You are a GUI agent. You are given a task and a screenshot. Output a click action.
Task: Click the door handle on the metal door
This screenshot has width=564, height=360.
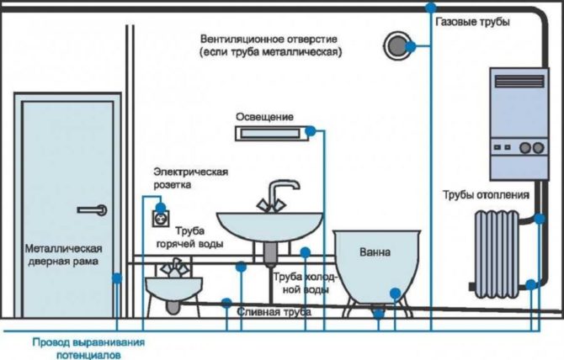91,209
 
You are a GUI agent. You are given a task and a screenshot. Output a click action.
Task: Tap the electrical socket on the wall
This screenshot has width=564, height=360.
157,218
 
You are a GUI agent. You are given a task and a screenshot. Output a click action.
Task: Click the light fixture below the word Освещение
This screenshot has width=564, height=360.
266,132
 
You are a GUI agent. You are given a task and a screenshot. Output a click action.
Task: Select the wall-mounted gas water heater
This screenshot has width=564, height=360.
515,123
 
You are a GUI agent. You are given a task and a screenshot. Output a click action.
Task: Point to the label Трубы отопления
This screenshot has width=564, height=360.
486,194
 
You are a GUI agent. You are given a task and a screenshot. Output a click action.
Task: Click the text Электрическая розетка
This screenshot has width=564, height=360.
190,177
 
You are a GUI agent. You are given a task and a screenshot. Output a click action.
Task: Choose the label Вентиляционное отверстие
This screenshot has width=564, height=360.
269,45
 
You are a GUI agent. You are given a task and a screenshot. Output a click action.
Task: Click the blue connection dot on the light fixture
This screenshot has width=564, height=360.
311,130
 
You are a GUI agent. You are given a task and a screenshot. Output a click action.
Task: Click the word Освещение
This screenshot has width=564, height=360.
264,114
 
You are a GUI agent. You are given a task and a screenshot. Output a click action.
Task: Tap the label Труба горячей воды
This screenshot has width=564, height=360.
199,238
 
